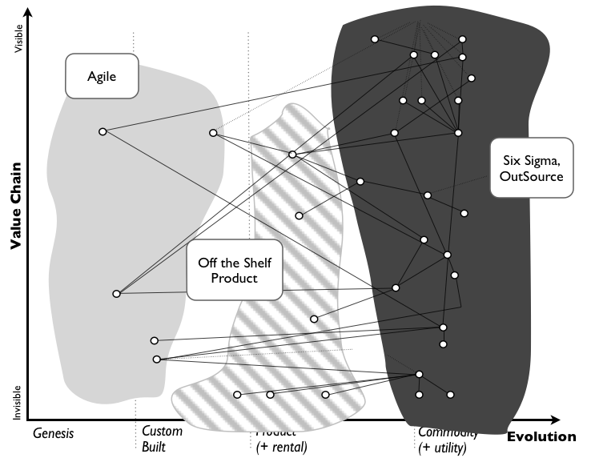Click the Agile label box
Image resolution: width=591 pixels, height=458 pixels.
coord(102,76)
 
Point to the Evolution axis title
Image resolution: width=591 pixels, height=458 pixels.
coord(541,436)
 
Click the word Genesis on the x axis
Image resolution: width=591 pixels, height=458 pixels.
coord(53,433)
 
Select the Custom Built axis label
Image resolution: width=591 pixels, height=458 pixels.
coord(162,439)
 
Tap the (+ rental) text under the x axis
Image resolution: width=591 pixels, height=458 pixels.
coord(281,447)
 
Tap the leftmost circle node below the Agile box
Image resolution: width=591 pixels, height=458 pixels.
coord(102,131)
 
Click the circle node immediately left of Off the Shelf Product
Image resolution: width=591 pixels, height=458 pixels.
coord(116,294)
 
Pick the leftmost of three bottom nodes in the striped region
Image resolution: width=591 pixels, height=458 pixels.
coord(236,395)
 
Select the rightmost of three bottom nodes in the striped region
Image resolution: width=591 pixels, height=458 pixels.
coord(325,395)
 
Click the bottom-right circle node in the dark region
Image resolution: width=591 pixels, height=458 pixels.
coord(450,395)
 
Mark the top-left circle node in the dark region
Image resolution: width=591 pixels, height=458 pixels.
coord(374,39)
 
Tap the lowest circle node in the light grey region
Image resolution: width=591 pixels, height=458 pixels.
coord(156,360)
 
